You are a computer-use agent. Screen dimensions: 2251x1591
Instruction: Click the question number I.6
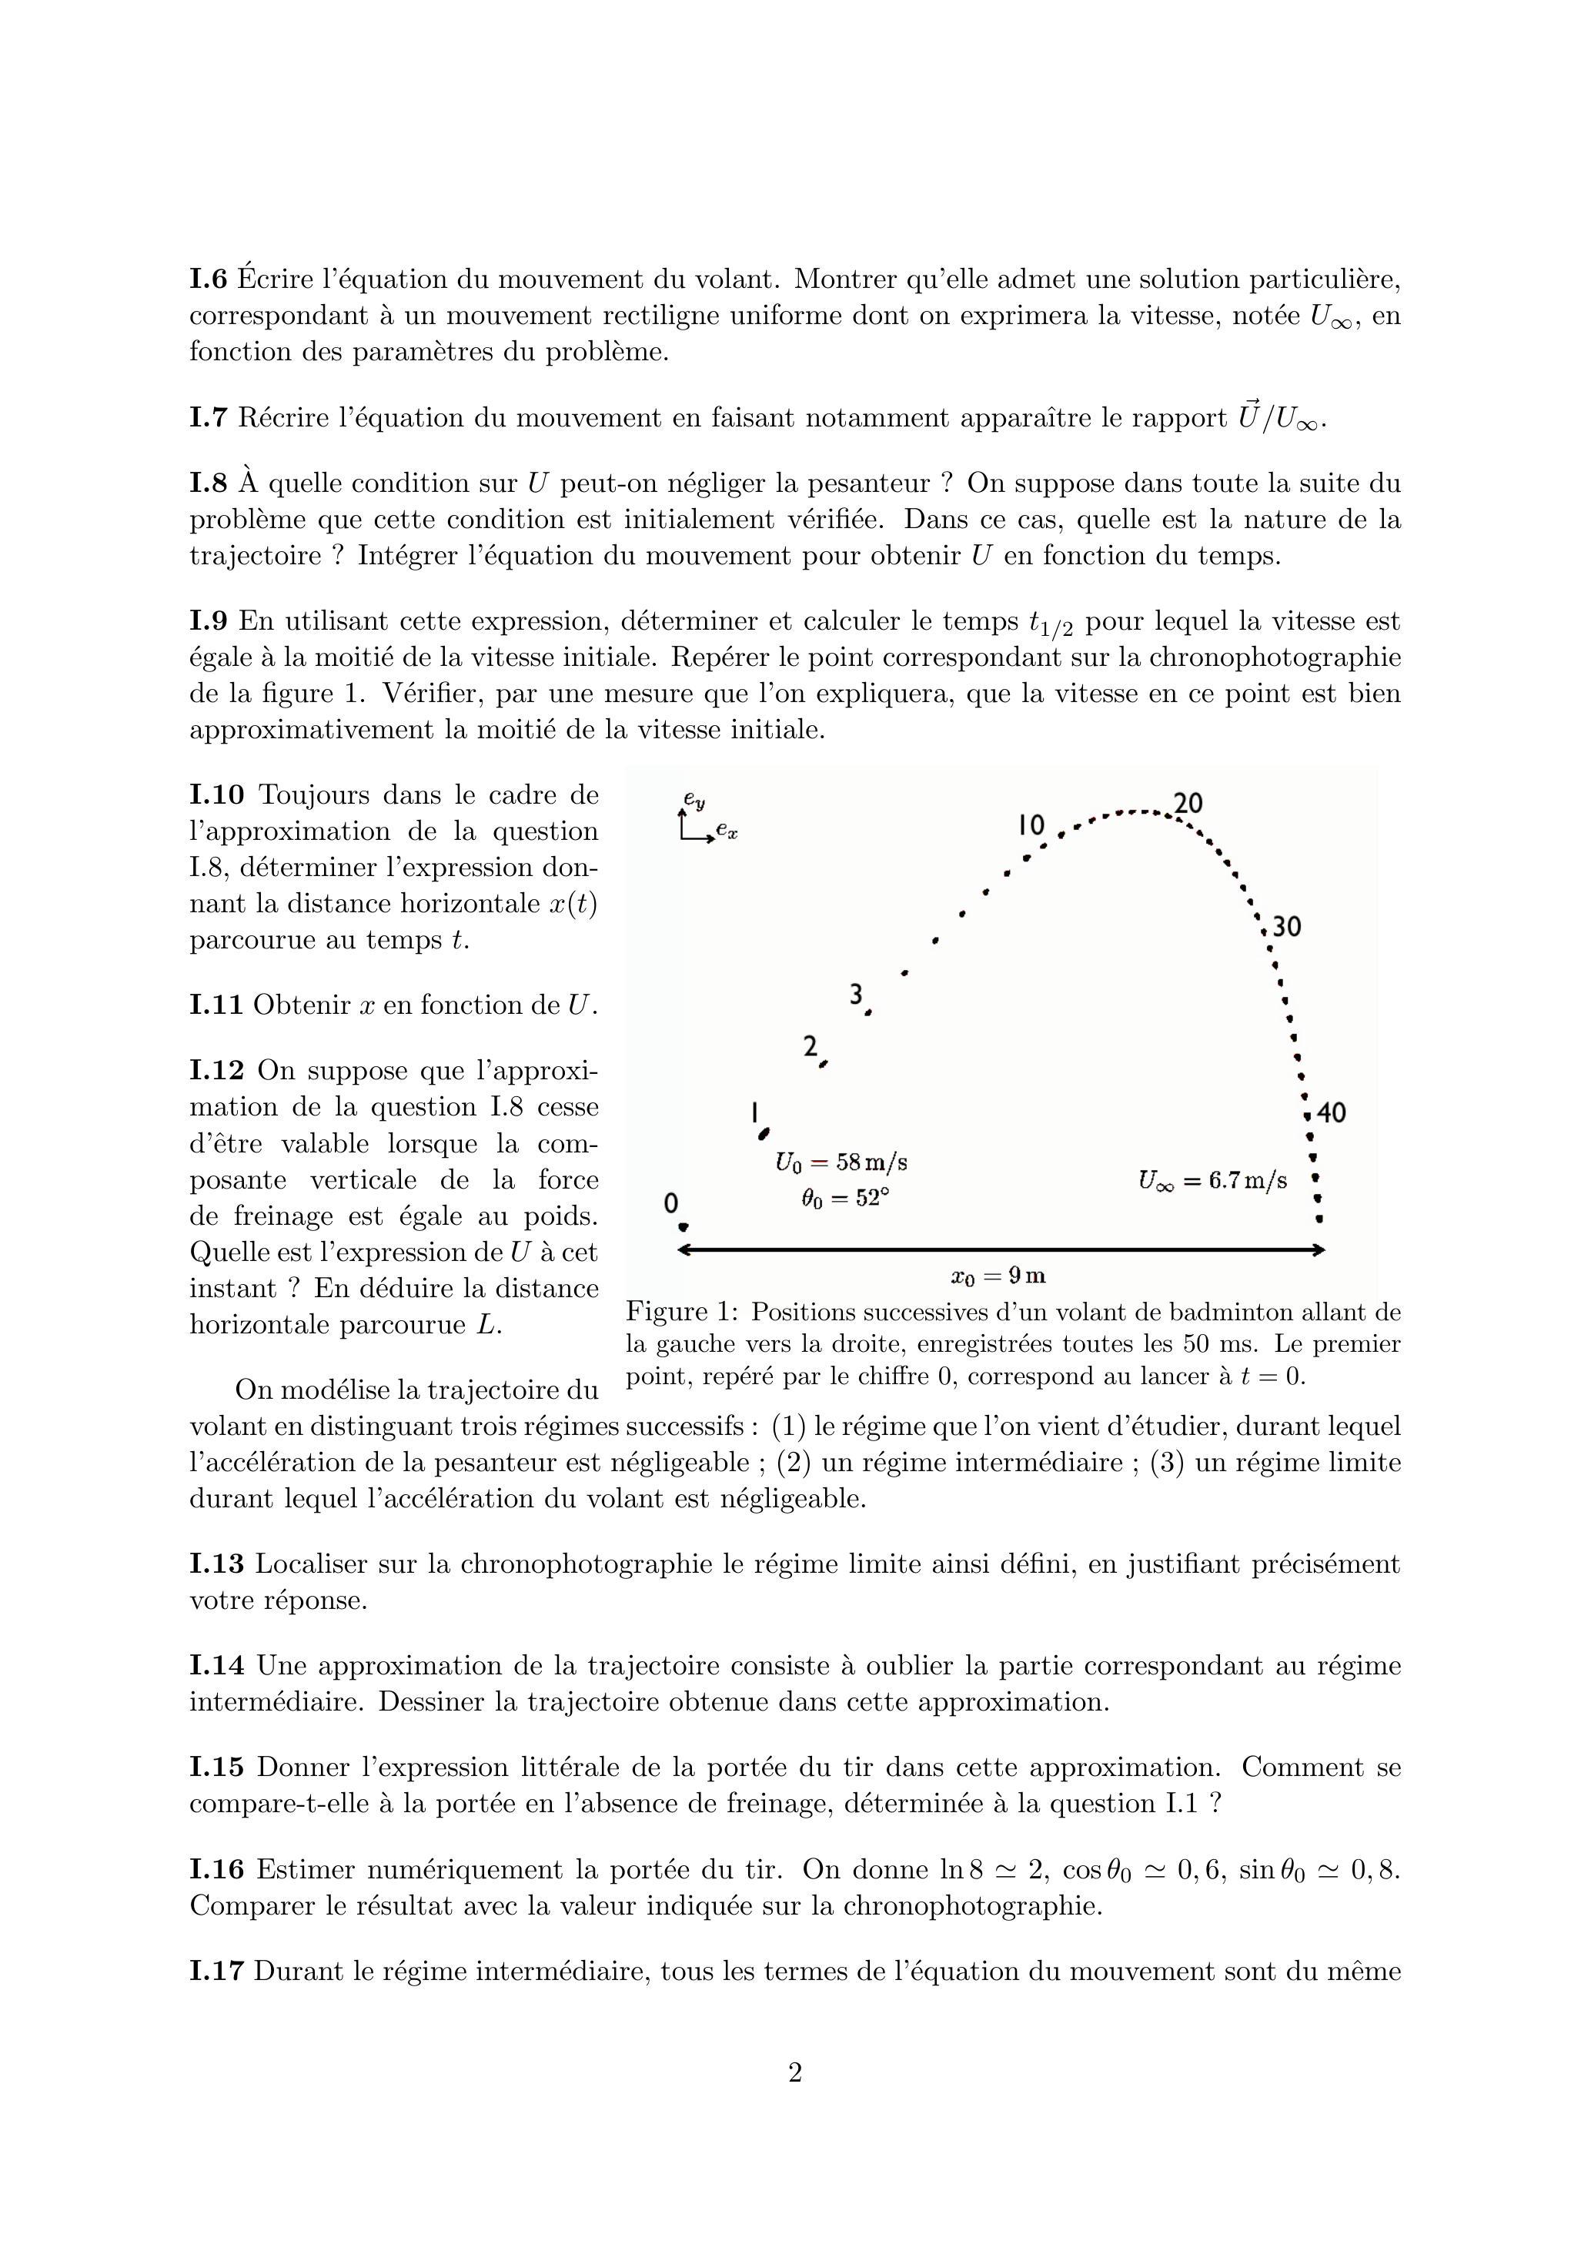pyautogui.click(x=208, y=280)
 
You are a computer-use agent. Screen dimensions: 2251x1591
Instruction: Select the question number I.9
pyautogui.click(x=208, y=621)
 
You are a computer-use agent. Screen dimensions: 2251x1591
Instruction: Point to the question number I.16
pyautogui.click(x=216, y=1870)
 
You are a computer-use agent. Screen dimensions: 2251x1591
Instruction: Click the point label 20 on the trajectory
pyautogui.click(x=1188, y=804)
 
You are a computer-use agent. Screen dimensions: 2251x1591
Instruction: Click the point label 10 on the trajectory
pyautogui.click(x=1032, y=825)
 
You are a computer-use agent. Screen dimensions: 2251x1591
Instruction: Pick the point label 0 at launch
pyautogui.click(x=671, y=1203)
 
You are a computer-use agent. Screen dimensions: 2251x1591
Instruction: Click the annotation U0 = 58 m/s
pyautogui.click(x=841, y=1162)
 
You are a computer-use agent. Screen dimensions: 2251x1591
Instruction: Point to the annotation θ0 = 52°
pyautogui.click(x=846, y=1198)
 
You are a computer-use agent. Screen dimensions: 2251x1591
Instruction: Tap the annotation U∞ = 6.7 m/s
pyautogui.click(x=1212, y=1180)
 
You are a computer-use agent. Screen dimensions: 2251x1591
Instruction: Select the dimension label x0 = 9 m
pyautogui.click(x=998, y=1276)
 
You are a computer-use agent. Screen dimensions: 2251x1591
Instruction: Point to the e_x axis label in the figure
pyautogui.click(x=727, y=831)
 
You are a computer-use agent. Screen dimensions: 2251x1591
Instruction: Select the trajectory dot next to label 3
pyautogui.click(x=868, y=1012)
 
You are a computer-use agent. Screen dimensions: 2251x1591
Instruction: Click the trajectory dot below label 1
pyautogui.click(x=764, y=1134)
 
